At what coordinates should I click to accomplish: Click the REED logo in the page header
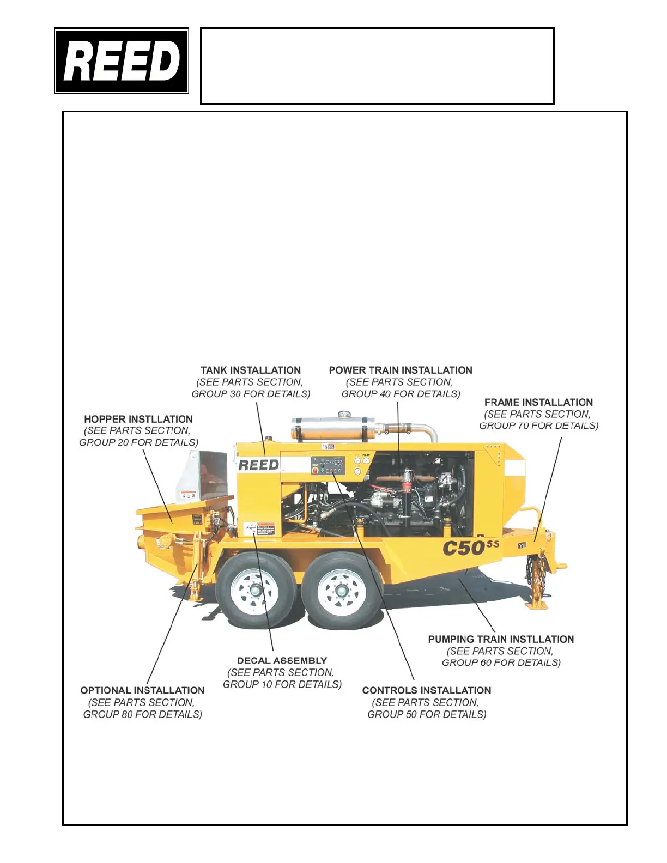tap(122, 61)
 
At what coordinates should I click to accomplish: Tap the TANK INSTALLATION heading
tap(251, 370)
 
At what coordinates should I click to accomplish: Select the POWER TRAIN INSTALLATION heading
tap(401, 370)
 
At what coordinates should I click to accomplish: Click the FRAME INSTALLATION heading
tap(538, 403)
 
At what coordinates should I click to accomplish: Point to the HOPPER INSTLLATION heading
tap(138, 420)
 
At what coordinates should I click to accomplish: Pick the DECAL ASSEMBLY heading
tap(282, 660)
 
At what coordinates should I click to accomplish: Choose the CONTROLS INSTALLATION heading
tap(427, 690)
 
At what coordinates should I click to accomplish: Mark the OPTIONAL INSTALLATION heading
tap(142, 690)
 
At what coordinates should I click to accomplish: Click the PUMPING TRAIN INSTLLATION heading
tap(501, 639)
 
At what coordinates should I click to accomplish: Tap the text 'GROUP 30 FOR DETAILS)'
tap(251, 394)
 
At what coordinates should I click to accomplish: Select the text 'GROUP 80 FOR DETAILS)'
tap(142, 714)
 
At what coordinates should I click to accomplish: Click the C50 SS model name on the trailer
tap(470, 547)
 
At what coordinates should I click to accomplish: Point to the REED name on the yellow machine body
tap(258, 465)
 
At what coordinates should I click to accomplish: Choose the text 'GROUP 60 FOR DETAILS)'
tap(501, 663)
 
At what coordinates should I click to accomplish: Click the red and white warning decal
tap(265, 528)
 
